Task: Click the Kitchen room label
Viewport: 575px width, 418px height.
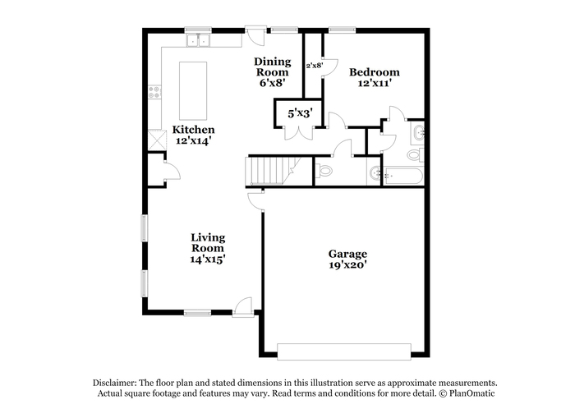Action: pos(193,130)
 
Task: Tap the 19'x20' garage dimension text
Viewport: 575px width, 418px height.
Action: pos(347,264)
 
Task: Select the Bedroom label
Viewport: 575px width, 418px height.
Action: pos(374,72)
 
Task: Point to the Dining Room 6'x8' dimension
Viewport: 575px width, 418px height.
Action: pos(273,82)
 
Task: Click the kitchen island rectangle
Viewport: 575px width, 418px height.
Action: pos(193,90)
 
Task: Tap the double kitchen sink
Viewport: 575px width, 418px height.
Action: pos(198,40)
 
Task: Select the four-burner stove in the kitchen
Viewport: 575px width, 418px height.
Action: pos(154,92)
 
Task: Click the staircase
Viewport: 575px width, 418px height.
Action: pos(274,171)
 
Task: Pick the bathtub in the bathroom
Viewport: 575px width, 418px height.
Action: pos(403,176)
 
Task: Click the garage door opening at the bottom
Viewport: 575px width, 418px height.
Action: pos(344,351)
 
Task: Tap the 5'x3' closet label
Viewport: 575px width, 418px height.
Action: pos(300,113)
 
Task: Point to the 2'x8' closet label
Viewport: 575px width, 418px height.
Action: pos(315,65)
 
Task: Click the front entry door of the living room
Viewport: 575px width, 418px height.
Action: pos(243,308)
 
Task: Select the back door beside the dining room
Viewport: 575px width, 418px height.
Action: pos(255,35)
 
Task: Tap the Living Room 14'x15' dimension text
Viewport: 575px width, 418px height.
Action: pos(208,260)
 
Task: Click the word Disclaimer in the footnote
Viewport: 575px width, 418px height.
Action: pos(114,383)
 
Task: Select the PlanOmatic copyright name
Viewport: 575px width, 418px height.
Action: pos(472,393)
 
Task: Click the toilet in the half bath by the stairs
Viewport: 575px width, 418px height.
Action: pos(324,171)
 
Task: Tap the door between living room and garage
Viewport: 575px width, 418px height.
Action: pos(256,201)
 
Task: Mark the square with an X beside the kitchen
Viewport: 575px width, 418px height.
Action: pos(157,140)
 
